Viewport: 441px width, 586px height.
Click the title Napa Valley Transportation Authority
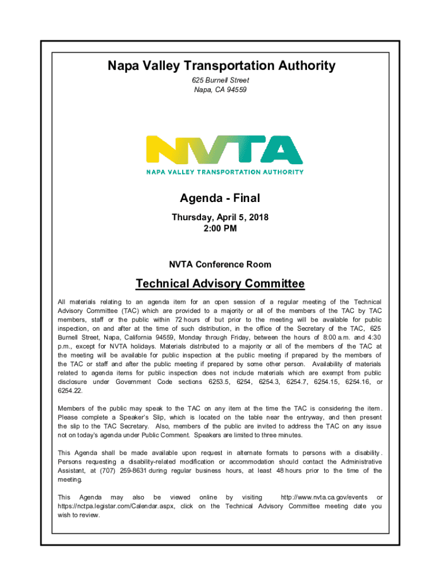click(x=220, y=66)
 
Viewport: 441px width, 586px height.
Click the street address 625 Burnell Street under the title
click(x=220, y=81)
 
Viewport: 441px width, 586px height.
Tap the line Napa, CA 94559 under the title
click(x=220, y=90)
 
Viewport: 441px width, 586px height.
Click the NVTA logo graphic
click(x=225, y=151)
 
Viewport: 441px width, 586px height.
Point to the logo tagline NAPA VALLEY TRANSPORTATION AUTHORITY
click(x=225, y=172)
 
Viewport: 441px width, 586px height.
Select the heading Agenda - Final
click(x=220, y=199)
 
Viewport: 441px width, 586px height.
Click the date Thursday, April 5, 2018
click(x=220, y=217)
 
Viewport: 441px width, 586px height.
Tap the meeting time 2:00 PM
click(x=220, y=228)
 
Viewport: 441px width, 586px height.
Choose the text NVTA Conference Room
click(x=220, y=264)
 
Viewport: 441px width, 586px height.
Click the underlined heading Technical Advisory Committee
click(x=220, y=284)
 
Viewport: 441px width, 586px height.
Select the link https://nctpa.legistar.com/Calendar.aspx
click(x=117, y=506)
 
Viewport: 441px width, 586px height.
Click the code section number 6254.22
click(x=70, y=391)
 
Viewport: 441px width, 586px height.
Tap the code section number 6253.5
click(x=218, y=382)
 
